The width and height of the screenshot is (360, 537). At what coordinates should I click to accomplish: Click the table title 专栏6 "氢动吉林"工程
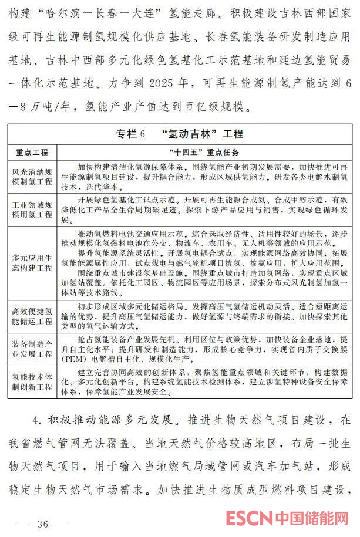tap(180, 133)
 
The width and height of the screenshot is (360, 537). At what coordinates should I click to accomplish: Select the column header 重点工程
tap(33, 152)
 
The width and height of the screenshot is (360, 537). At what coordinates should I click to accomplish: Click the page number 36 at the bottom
tap(42, 524)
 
